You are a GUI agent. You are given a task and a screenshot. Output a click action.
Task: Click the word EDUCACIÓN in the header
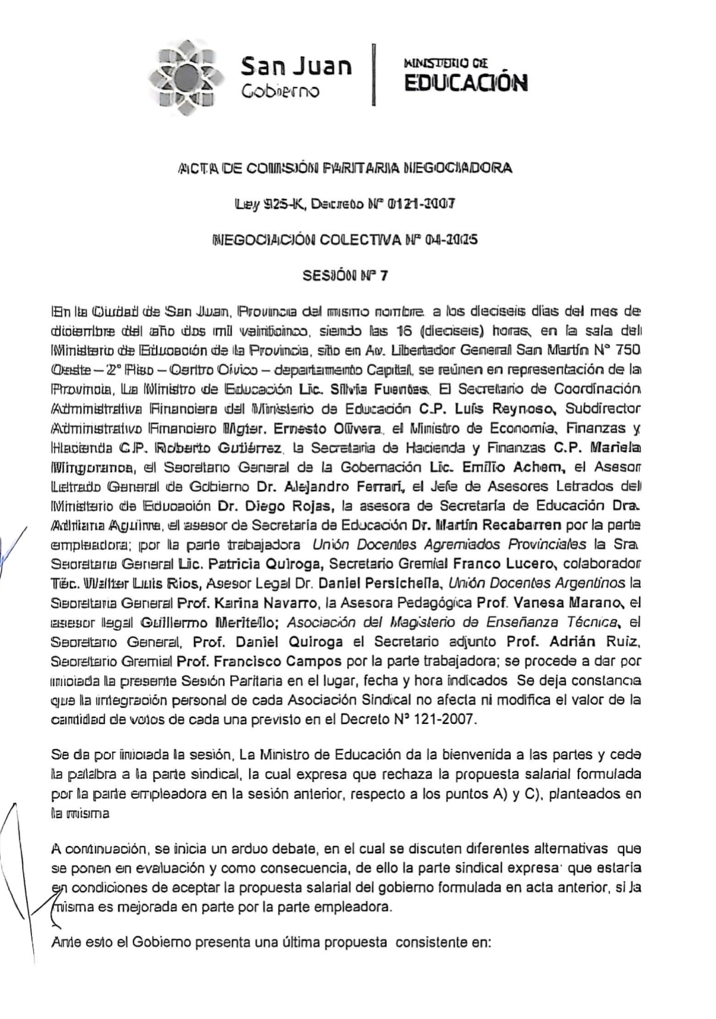coord(466,83)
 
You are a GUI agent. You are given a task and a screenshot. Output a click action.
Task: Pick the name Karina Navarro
coord(268,604)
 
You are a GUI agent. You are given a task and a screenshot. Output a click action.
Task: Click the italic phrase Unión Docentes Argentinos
coord(537,584)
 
